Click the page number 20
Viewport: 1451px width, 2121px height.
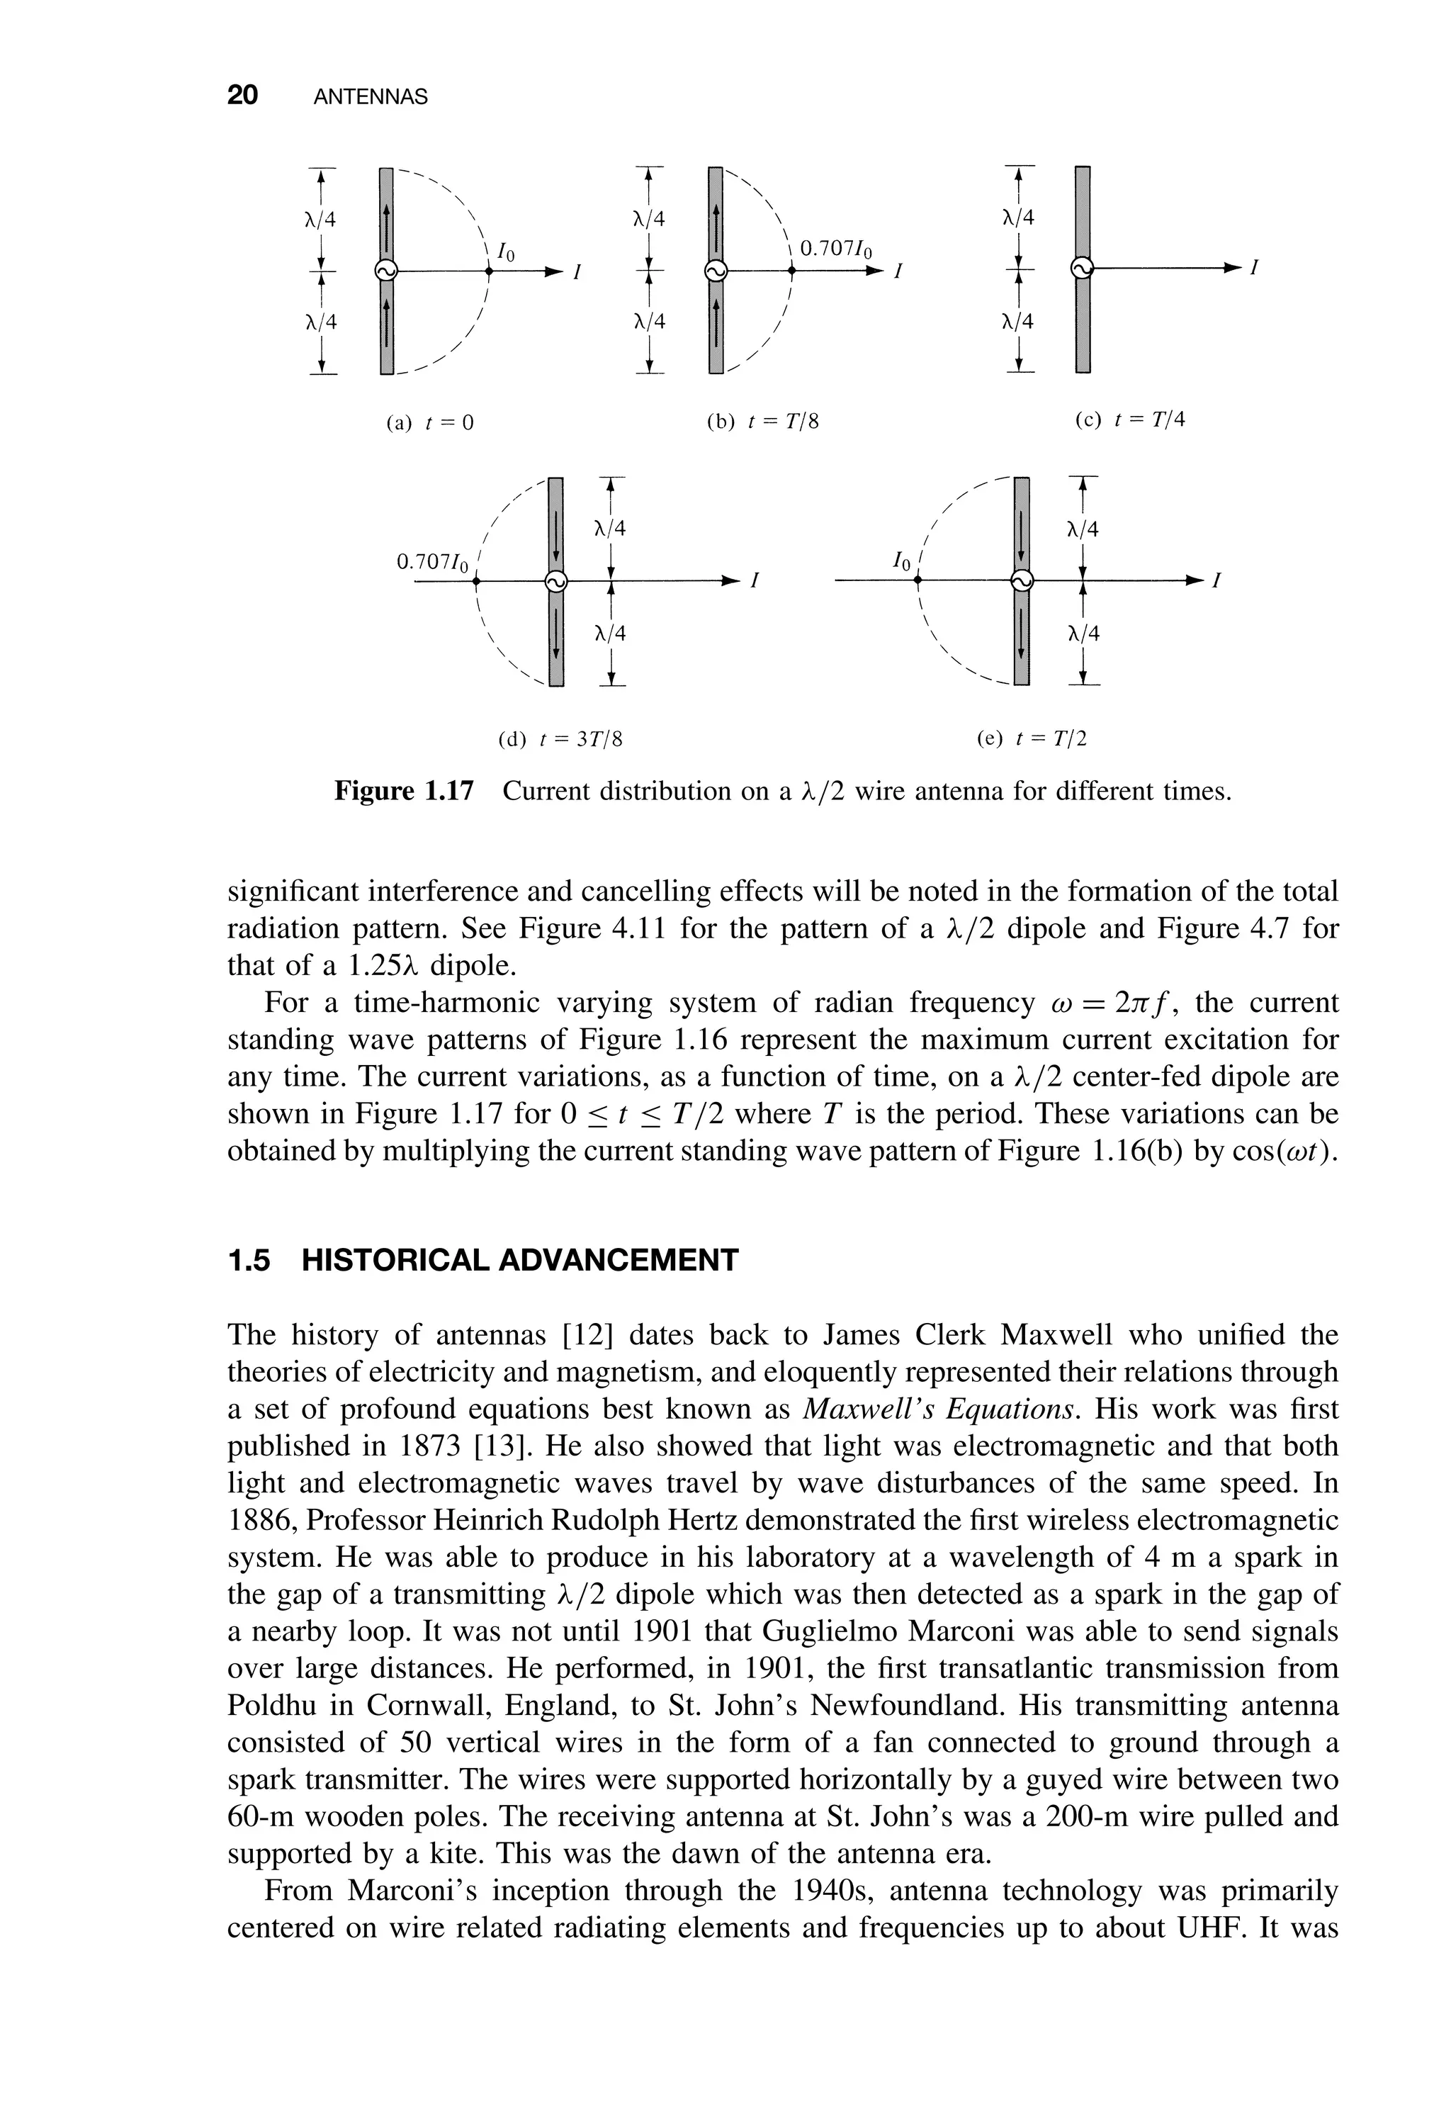(x=243, y=96)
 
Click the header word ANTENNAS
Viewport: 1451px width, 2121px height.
(x=370, y=97)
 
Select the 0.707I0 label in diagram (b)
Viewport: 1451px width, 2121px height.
(x=836, y=248)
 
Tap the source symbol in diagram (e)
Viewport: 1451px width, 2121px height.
(x=1022, y=580)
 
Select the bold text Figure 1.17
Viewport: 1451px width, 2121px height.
(x=405, y=790)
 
